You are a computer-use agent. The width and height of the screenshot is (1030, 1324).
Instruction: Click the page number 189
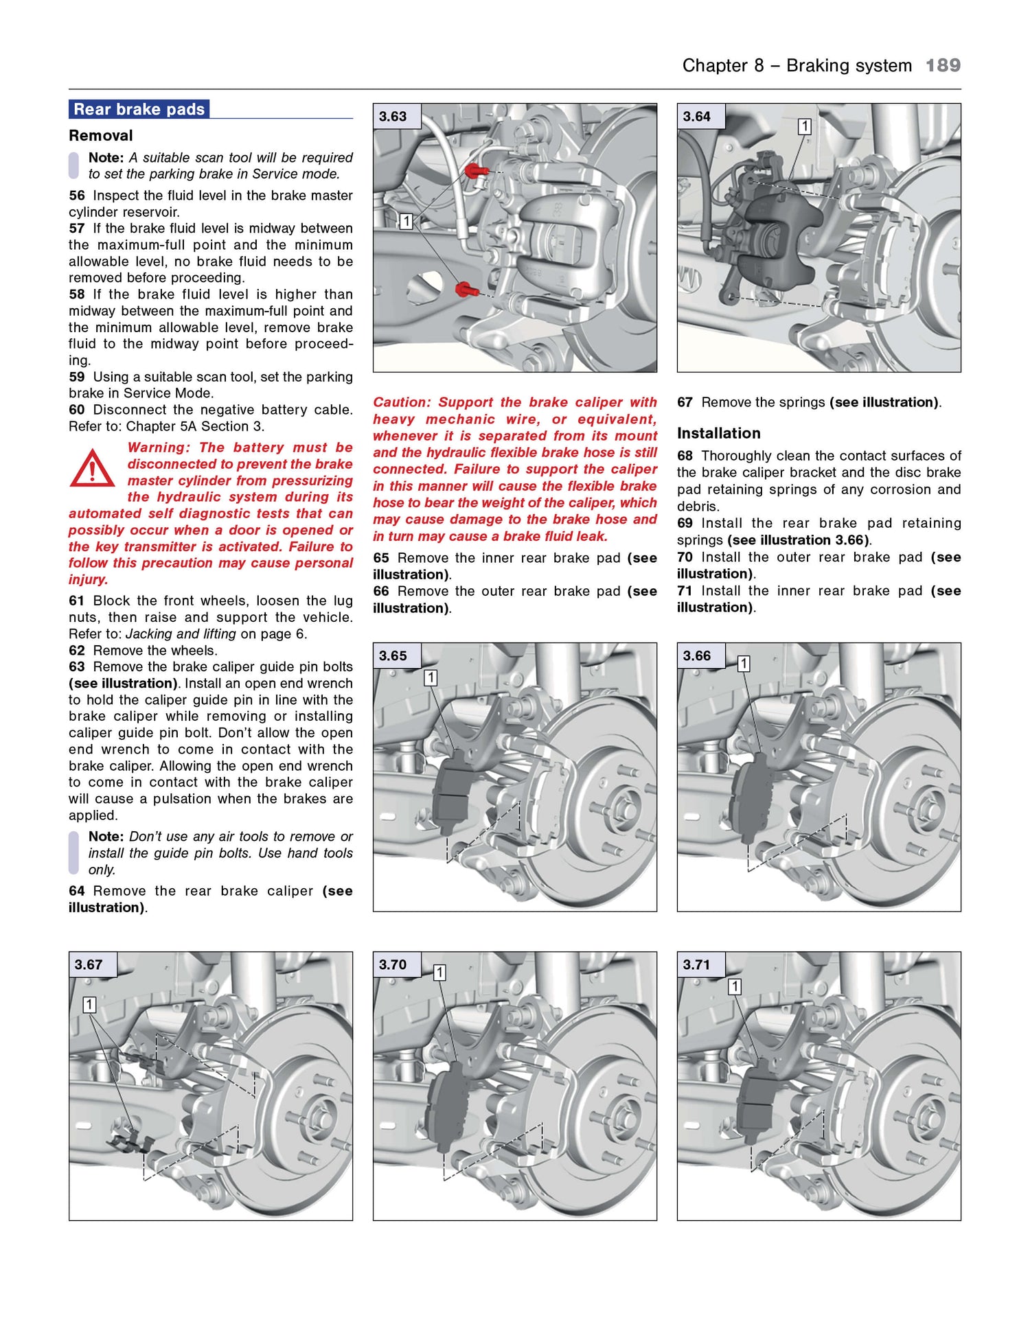[942, 66]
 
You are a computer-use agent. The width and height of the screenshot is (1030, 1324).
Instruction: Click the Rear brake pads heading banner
[139, 109]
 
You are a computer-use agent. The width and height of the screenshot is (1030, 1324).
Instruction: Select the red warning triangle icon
[92, 469]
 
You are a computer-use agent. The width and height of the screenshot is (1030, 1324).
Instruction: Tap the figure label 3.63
[393, 117]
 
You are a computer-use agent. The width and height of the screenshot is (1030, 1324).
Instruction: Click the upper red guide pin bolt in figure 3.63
[474, 170]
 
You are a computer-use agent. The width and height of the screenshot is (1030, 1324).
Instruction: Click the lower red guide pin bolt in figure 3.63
[466, 289]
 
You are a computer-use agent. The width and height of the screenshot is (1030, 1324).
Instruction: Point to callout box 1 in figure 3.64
[804, 127]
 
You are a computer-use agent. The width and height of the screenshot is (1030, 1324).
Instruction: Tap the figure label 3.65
[393, 656]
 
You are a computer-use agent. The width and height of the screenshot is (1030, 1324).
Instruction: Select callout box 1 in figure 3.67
[89, 1005]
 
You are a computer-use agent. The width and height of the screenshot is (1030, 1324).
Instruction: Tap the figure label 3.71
[696, 965]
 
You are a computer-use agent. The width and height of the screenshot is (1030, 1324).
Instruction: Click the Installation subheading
[718, 433]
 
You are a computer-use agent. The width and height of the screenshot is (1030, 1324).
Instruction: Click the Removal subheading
[100, 136]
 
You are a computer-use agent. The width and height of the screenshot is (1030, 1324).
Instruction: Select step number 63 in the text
[76, 667]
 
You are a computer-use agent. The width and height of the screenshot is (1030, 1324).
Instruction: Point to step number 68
[685, 456]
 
